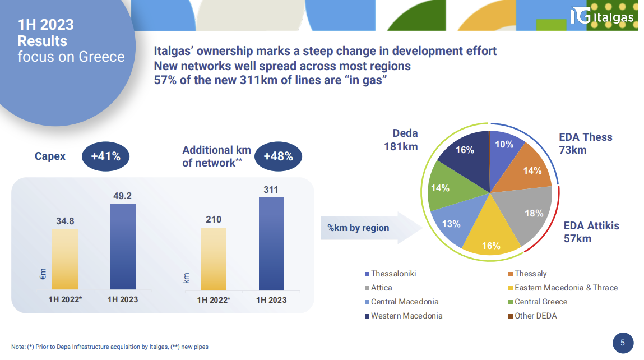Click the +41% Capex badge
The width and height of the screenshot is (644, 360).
point(105,156)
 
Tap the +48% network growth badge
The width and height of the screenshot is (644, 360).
point(278,156)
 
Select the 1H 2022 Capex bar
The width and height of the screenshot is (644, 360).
point(66,259)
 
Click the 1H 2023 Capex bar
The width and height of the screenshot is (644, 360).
point(123,247)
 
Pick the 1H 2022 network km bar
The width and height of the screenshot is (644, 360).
point(214,259)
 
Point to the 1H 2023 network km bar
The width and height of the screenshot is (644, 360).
point(271,244)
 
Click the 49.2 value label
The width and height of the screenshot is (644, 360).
point(122,196)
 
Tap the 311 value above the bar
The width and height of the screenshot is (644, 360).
point(271,190)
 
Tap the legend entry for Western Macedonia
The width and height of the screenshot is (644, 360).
point(404,316)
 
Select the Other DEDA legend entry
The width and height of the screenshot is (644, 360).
point(532,316)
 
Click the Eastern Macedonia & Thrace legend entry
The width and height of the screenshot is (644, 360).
point(563,288)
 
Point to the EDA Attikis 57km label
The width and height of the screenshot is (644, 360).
point(591,232)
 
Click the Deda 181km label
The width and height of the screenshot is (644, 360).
point(401,140)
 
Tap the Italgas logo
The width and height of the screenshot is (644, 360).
point(602,16)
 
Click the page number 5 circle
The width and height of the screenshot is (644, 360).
point(623,343)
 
